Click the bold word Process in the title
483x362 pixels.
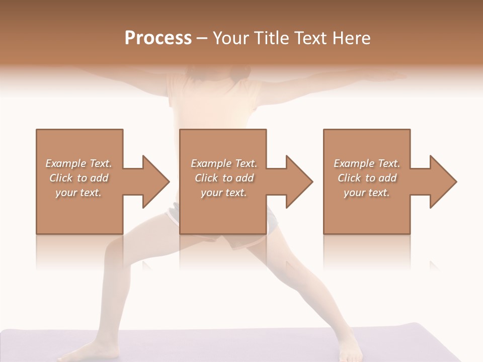[158, 38]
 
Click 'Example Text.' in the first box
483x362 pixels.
[78, 163]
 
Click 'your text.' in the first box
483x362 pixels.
[78, 193]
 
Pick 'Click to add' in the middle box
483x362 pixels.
[224, 178]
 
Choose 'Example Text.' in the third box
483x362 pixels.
[367, 163]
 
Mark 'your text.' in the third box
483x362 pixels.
[367, 193]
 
